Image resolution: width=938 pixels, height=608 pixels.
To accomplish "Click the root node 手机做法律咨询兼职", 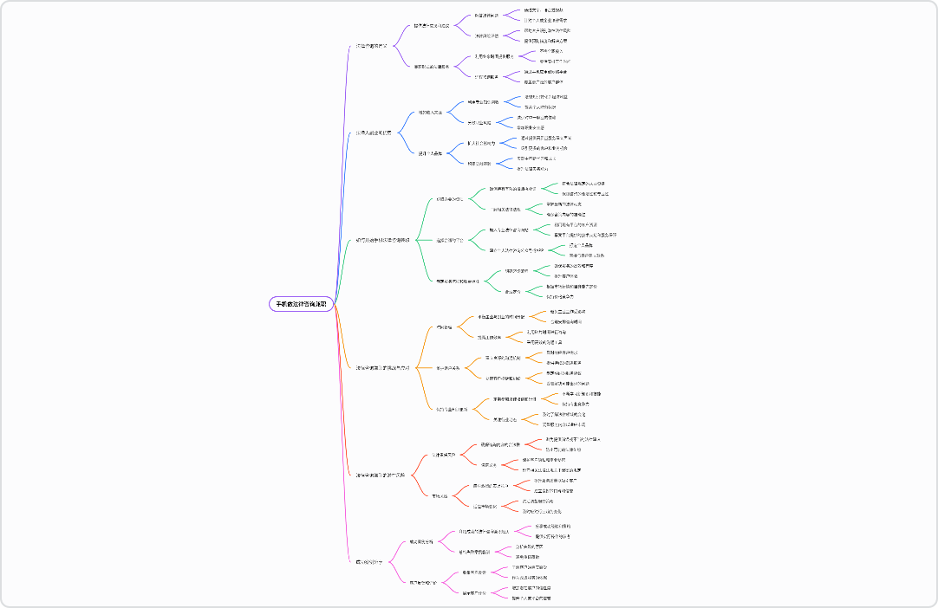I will point(302,304).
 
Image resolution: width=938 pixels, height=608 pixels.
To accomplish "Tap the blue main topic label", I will point(374,133).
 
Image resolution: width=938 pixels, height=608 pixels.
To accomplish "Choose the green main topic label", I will point(383,239).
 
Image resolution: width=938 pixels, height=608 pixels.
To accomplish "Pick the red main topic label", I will point(380,475).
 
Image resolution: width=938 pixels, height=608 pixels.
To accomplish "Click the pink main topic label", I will point(369,562).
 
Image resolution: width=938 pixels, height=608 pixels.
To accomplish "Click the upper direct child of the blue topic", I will point(431,112).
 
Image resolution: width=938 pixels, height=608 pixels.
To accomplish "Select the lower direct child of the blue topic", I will point(431,153).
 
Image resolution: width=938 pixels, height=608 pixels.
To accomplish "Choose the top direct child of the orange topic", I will point(444,327).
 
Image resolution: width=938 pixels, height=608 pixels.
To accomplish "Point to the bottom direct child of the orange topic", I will point(452,409).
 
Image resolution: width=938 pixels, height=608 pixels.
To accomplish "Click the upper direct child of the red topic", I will point(443,454).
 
